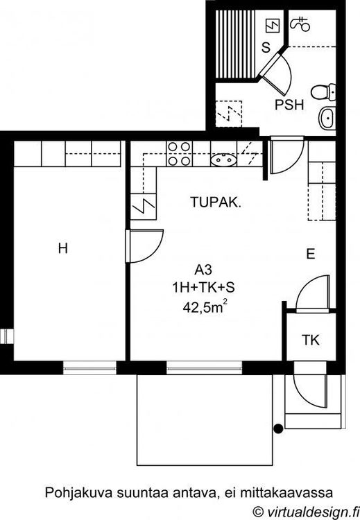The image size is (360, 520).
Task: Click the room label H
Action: tap(63, 248)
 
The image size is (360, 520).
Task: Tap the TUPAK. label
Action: tap(216, 202)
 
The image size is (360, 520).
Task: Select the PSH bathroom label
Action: tap(289, 105)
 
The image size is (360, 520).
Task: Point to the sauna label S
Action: tap(266, 48)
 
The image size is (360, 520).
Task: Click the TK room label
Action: tap(311, 340)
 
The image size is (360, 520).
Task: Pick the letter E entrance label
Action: tap(311, 254)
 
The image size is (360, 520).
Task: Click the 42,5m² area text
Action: tap(205, 306)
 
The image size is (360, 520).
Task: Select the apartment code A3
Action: tap(203, 270)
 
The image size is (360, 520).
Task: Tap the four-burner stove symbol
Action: tap(179, 153)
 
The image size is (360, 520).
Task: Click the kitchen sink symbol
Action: tap(224, 160)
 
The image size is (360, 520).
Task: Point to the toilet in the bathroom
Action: tap(323, 92)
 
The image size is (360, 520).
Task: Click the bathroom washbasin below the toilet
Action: tap(328, 118)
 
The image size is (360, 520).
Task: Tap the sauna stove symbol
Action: tap(273, 26)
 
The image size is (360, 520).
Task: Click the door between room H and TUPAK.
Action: tap(144, 245)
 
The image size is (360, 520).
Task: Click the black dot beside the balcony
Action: tap(278, 428)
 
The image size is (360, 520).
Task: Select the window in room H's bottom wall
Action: tap(89, 367)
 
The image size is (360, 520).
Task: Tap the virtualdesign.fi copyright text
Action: tap(306, 512)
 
